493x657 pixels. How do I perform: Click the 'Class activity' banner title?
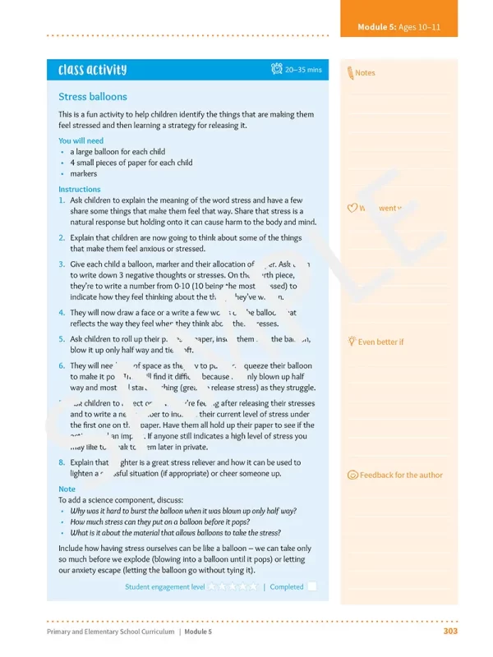(x=92, y=71)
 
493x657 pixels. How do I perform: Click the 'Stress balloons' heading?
(x=93, y=97)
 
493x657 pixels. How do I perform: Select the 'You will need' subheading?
(x=81, y=140)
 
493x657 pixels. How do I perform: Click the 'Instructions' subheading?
(x=80, y=189)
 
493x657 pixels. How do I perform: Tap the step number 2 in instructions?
(x=62, y=237)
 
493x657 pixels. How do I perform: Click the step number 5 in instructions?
(x=62, y=338)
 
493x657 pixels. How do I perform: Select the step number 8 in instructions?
(x=62, y=462)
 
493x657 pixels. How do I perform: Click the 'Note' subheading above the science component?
(x=67, y=489)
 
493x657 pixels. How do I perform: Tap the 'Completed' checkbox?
(x=312, y=586)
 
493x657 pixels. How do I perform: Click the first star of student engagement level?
(x=212, y=586)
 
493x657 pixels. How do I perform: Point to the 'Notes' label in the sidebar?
(x=365, y=73)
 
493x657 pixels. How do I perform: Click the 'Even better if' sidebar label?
(x=380, y=342)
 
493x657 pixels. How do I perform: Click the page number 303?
(x=449, y=632)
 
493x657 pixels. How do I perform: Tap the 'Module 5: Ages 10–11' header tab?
(x=399, y=27)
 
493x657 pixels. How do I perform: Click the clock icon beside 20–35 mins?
(x=277, y=70)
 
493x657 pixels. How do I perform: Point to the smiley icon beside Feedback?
(x=352, y=475)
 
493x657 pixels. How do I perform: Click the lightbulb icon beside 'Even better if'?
(x=352, y=341)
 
